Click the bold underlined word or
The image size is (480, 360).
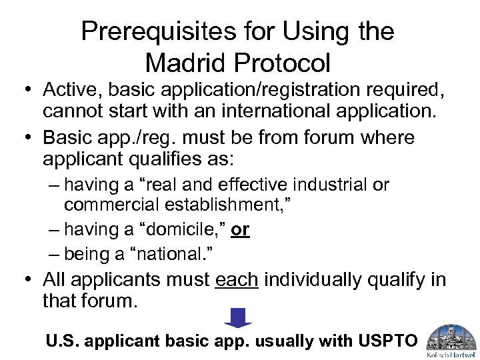[240, 230]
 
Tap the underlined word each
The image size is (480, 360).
[237, 280]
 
